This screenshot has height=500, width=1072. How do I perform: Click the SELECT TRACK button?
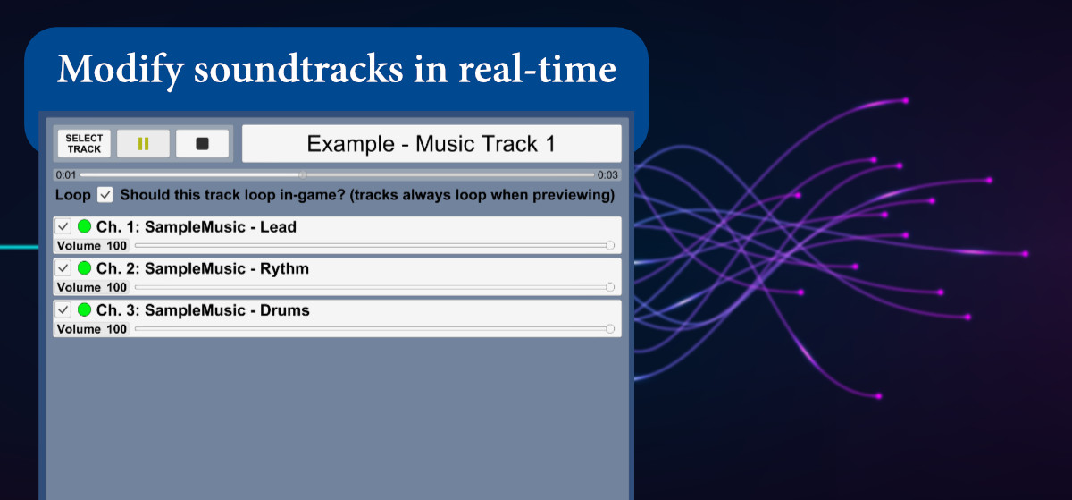[x=84, y=143]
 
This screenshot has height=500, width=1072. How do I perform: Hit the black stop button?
[x=202, y=143]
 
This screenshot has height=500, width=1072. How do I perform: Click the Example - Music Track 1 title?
[x=431, y=144]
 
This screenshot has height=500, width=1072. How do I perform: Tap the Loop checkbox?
[x=105, y=195]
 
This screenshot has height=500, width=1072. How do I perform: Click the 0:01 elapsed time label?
[x=65, y=175]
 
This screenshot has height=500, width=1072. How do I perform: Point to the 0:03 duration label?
[x=607, y=175]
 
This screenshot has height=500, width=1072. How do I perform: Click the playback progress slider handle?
[x=303, y=175]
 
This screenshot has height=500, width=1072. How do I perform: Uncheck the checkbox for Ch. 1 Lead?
[x=63, y=226]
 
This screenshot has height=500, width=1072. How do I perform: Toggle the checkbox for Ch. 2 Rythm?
[x=63, y=268]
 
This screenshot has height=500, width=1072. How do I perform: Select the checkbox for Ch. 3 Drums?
[x=63, y=309]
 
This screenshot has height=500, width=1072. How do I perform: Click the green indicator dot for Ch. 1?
[x=84, y=226]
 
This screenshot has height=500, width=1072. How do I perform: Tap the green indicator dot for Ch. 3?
[x=84, y=309]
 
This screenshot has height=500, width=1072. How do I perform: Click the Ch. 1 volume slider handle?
[x=609, y=245]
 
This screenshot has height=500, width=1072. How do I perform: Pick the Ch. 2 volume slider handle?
[x=609, y=287]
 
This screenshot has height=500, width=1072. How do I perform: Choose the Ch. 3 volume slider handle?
[x=609, y=329]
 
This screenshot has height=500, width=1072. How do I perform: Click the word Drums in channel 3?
[x=285, y=310]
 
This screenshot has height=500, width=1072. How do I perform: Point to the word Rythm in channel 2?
[x=284, y=269]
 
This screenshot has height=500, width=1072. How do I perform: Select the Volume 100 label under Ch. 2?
[x=92, y=287]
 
